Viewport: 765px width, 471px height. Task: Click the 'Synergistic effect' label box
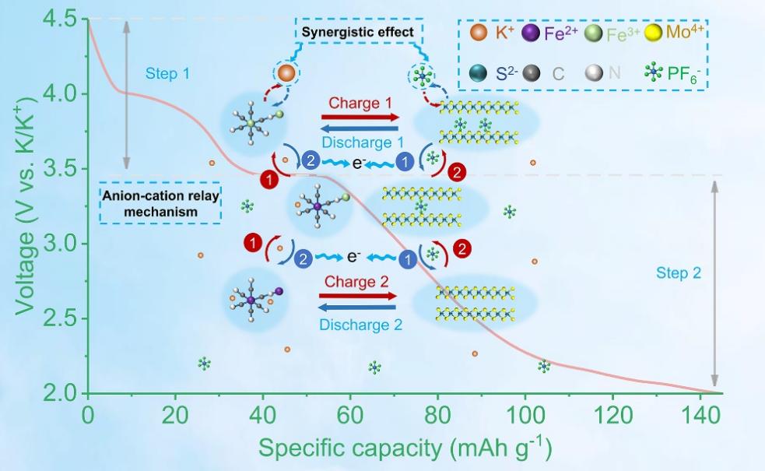pyautogui.click(x=358, y=33)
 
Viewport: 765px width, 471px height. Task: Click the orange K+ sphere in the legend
pyautogui.click(x=478, y=34)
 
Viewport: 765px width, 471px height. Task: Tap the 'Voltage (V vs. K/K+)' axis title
pyautogui.click(x=25, y=204)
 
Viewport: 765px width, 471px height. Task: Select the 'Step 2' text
pyautogui.click(x=678, y=273)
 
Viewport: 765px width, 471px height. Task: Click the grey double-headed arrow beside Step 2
pyautogui.click(x=715, y=284)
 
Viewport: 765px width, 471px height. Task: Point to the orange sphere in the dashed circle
pyautogui.click(x=286, y=73)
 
